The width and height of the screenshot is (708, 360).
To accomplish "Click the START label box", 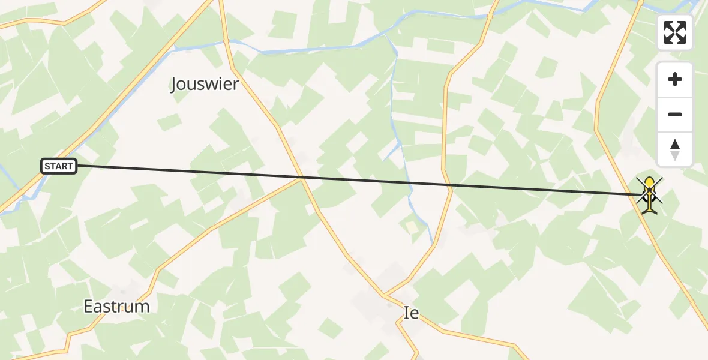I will click(x=59, y=166).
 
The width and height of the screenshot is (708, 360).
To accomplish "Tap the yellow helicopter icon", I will click(x=649, y=194).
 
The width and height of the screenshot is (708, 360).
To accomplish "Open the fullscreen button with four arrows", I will click(x=675, y=32).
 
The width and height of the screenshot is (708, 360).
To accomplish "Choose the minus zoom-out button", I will click(x=675, y=115).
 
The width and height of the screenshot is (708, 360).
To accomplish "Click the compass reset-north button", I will click(x=675, y=149).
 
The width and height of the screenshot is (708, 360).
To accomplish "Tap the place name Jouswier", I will click(x=205, y=85).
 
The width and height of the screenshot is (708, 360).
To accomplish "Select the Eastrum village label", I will click(x=116, y=307).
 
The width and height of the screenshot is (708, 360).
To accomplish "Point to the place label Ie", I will click(x=411, y=313).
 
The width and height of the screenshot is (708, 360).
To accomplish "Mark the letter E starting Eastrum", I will click(x=88, y=307).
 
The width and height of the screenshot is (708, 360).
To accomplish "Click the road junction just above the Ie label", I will click(x=385, y=295).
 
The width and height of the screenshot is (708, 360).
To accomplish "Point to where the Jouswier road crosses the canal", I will click(x=227, y=41).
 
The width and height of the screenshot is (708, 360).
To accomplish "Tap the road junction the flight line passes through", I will click(x=302, y=178).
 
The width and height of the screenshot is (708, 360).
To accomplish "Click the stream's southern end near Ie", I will click(x=432, y=243).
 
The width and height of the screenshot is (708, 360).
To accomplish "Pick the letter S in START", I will click(x=47, y=166).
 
